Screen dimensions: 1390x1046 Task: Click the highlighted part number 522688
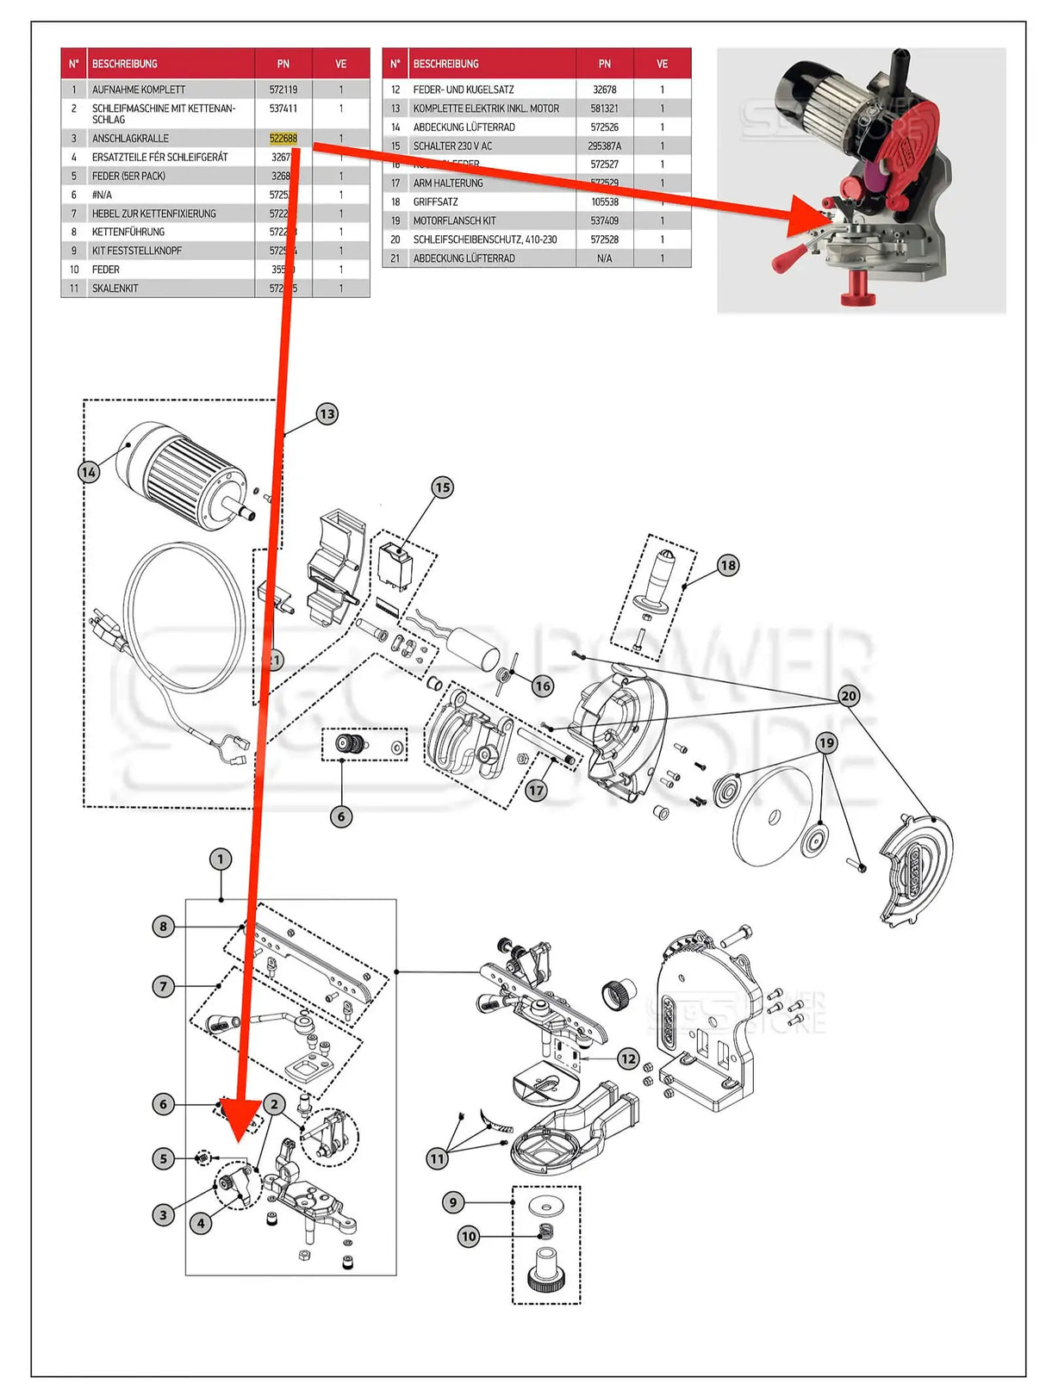tap(283, 138)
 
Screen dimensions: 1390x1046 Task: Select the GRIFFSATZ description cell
tap(435, 202)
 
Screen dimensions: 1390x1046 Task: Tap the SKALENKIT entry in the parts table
tap(115, 289)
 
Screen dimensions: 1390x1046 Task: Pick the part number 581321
tap(604, 109)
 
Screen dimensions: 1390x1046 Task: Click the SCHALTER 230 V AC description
tap(452, 146)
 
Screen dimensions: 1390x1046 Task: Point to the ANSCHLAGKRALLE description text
tap(130, 138)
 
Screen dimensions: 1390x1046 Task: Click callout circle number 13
tap(327, 414)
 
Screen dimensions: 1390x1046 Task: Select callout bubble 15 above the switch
tap(442, 487)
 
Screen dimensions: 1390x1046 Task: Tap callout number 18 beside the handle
tap(728, 565)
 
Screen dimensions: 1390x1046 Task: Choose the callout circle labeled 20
tap(849, 696)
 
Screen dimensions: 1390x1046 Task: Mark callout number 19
tap(826, 742)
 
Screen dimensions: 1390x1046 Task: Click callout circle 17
tap(537, 790)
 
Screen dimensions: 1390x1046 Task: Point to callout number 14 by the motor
tap(89, 472)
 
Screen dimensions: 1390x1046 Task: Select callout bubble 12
tap(628, 1058)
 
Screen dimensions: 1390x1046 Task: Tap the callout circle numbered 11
tap(438, 1158)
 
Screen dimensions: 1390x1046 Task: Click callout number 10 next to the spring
tap(468, 1237)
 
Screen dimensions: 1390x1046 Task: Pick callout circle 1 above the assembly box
tap(220, 859)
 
